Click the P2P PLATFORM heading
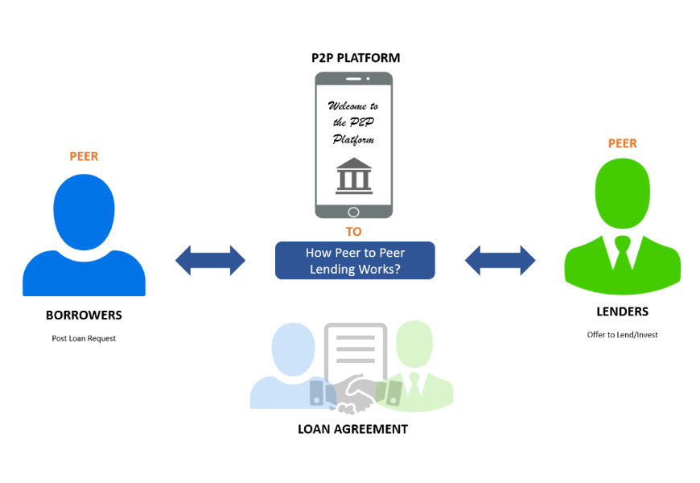click(x=355, y=58)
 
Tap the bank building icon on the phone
click(x=354, y=176)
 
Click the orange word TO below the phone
click(x=354, y=232)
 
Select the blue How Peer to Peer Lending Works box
click(x=355, y=261)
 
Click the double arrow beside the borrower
click(x=210, y=260)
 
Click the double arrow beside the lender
click(x=500, y=260)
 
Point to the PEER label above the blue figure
click(x=84, y=156)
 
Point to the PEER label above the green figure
click(x=622, y=143)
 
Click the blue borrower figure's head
click(x=84, y=205)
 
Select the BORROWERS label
click(x=84, y=315)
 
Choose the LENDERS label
click(x=622, y=312)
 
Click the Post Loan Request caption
click(x=84, y=339)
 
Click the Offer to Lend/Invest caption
click(x=622, y=335)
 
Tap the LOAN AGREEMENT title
click(x=352, y=429)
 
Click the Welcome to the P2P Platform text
click(x=353, y=123)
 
